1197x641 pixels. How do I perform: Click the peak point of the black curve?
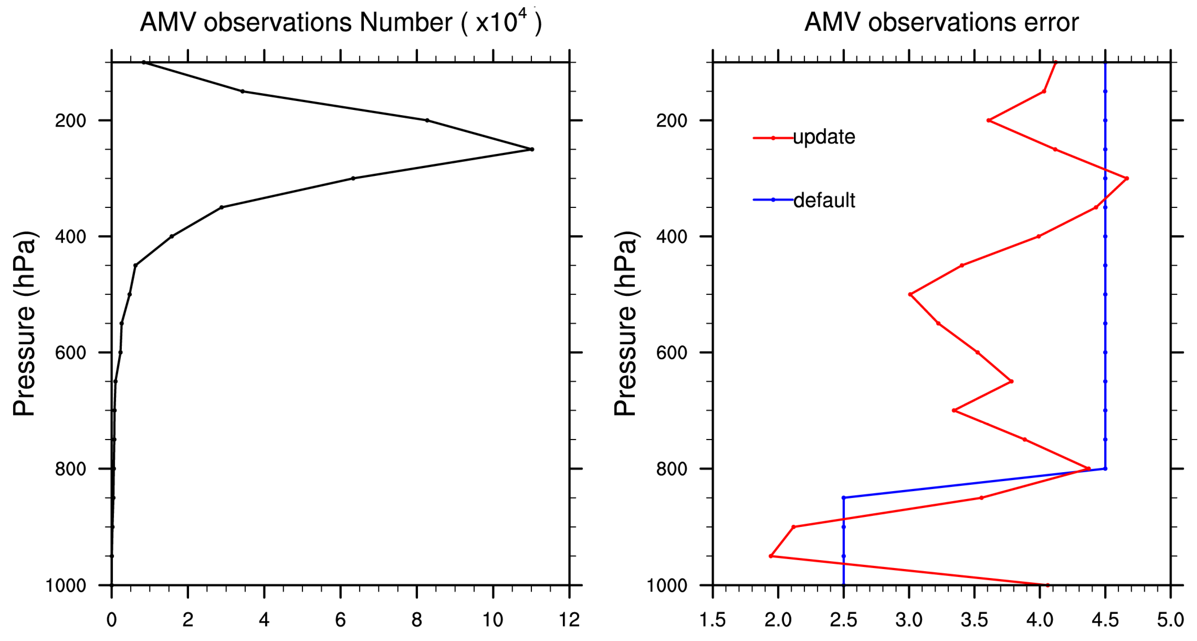coord(532,149)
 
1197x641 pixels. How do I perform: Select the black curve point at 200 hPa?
coord(427,120)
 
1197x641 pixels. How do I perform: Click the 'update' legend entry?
coord(823,137)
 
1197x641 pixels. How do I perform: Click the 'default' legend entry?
coord(824,200)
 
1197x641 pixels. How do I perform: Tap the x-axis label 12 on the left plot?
coord(569,620)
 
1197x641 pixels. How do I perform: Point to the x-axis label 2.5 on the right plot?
coord(843,620)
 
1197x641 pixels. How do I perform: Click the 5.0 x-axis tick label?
coord(1170,620)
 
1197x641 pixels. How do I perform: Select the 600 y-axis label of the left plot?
coord(70,353)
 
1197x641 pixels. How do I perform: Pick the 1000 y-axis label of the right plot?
coord(667,585)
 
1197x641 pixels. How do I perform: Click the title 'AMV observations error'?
coord(941,22)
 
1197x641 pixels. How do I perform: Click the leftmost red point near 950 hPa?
coord(771,556)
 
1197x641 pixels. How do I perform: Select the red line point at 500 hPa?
coord(910,294)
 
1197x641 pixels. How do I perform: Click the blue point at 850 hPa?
coord(843,498)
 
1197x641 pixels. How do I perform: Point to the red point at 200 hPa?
coord(988,120)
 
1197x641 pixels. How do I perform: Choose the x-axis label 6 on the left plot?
coord(341,620)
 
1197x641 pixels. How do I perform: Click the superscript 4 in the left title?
coord(522,14)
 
